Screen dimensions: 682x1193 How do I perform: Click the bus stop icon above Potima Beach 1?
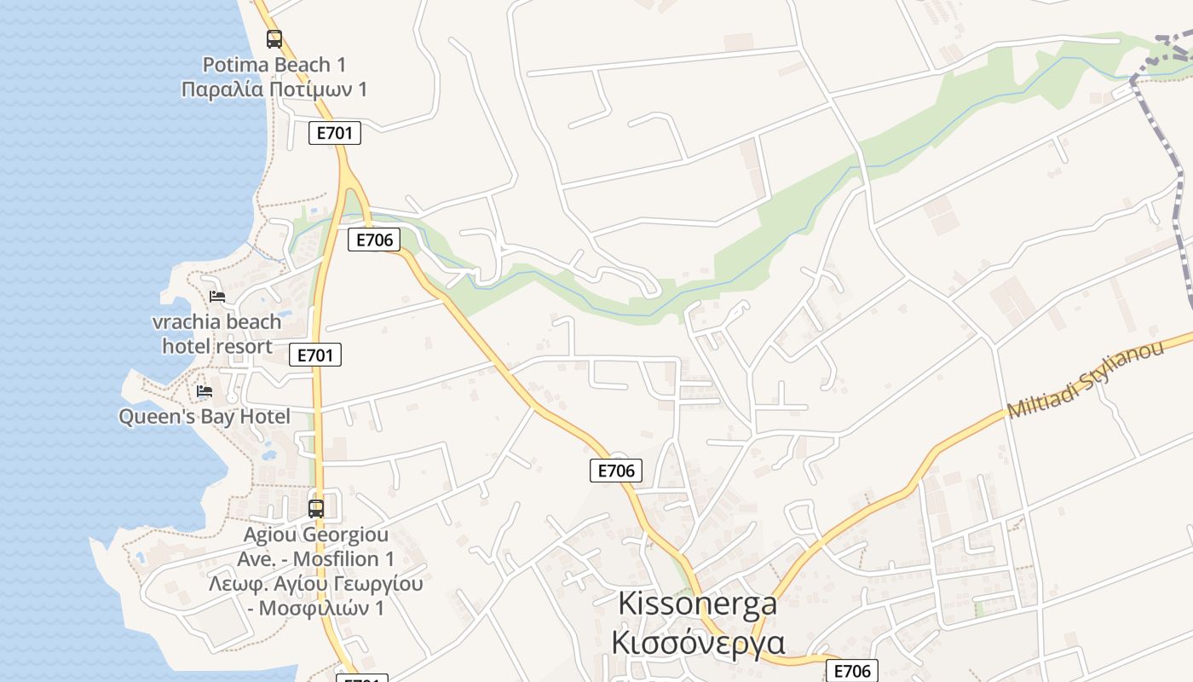[274, 38]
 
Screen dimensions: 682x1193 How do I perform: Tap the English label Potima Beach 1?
[274, 65]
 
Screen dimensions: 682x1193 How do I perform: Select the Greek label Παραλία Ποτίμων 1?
[274, 89]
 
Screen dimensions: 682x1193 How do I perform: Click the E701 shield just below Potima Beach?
[334, 133]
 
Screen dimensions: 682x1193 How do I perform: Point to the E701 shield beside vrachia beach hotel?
[314, 355]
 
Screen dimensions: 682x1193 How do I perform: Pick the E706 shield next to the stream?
[373, 240]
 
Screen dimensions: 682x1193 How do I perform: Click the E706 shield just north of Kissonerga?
[615, 470]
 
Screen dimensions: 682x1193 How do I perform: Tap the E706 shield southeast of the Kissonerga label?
[851, 671]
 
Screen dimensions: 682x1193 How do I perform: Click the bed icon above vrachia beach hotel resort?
[217, 297]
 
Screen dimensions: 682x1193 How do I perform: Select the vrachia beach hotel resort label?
[217, 333]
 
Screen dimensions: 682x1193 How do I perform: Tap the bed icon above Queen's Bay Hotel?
[205, 391]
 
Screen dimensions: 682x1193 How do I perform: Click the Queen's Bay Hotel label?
[205, 417]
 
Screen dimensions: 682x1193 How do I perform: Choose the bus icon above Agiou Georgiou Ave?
[316, 509]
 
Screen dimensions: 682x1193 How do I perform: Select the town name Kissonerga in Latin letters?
[697, 604]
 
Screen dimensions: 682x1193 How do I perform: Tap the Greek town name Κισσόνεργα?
[697, 641]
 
